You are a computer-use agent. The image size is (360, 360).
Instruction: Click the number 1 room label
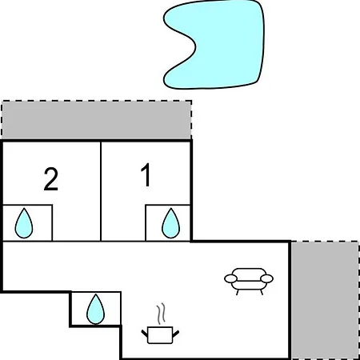pyautogui.click(x=146, y=174)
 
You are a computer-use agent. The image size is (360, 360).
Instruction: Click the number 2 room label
pyautogui.click(x=51, y=179)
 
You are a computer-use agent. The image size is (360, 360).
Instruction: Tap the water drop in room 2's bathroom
pyautogui.click(x=24, y=223)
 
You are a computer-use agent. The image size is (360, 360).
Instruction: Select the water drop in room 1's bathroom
pyautogui.click(x=170, y=223)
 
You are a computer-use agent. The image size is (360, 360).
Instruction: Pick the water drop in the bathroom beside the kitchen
pyautogui.click(x=95, y=309)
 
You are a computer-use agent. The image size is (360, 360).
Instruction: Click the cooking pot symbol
pyautogui.click(x=160, y=335)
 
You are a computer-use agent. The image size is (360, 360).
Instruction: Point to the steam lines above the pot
pyautogui.click(x=161, y=314)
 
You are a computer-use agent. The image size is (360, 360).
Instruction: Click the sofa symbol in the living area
pyautogui.click(x=249, y=281)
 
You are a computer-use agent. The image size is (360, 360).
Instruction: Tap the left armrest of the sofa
pyautogui.click(x=230, y=278)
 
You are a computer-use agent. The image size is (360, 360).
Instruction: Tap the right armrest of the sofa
pyautogui.click(x=266, y=278)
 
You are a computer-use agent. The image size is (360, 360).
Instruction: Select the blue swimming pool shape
pyautogui.click(x=214, y=45)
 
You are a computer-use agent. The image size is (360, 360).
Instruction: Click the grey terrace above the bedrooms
pyautogui.click(x=97, y=120)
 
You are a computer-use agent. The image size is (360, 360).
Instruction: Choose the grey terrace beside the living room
pyautogui.click(x=325, y=300)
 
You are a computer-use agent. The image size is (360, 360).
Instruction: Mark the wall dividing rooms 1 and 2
pyautogui.click(x=101, y=191)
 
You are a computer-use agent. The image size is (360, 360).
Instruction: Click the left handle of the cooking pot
pyautogui.click(x=144, y=333)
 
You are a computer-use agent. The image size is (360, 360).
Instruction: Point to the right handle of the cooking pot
pyautogui.click(x=176, y=333)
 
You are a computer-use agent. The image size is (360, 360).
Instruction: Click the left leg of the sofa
pyautogui.click(x=237, y=292)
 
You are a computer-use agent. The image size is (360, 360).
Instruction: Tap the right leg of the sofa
pyautogui.click(x=262, y=292)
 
